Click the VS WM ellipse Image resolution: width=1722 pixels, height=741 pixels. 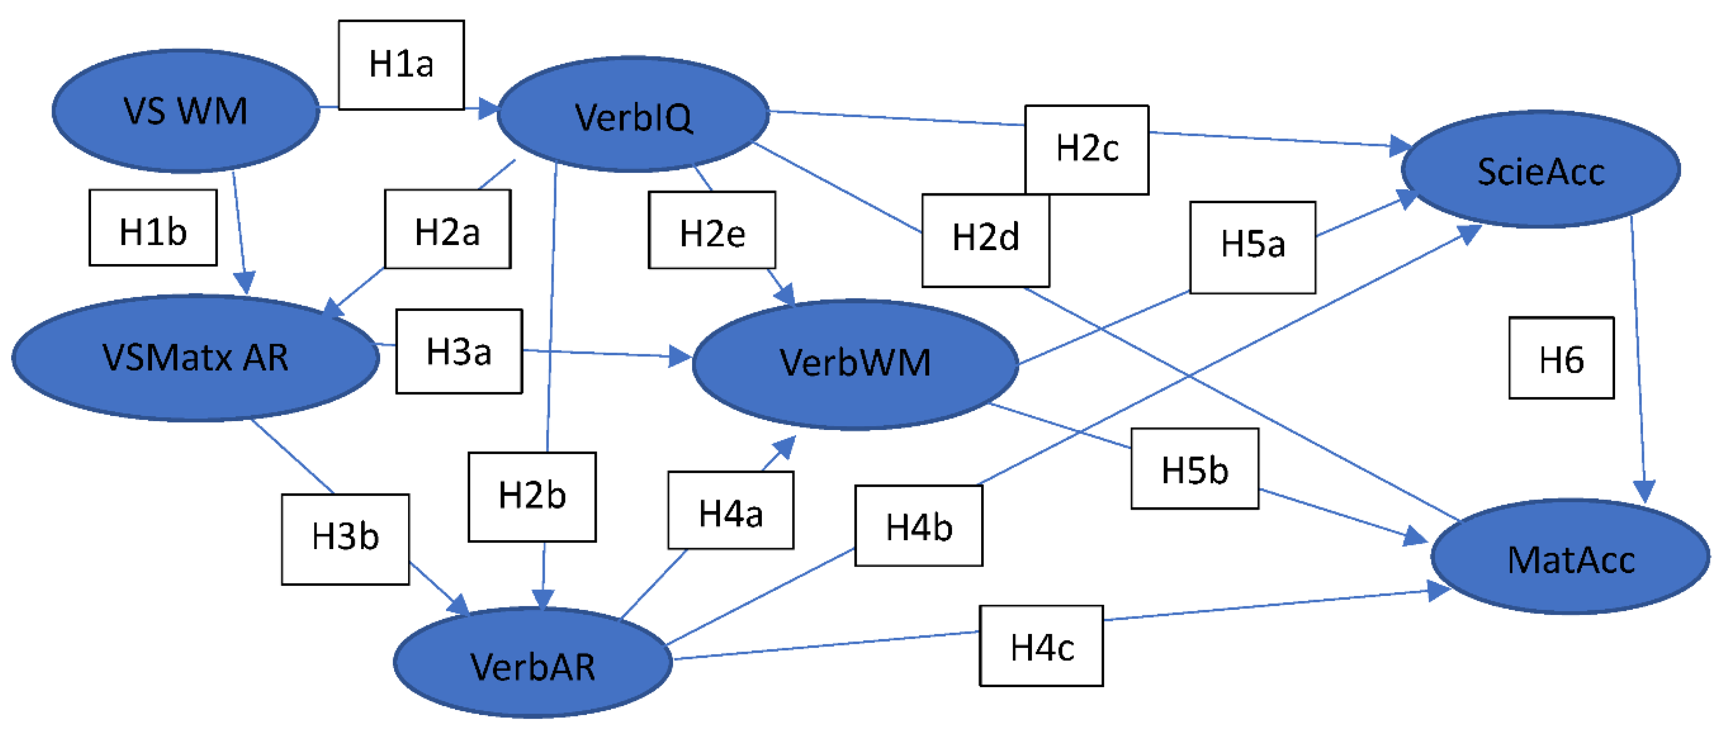185,110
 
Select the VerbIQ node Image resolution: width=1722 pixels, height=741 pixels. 633,115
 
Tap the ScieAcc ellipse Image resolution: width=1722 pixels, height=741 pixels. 1540,170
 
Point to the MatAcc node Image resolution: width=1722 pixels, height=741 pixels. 1570,557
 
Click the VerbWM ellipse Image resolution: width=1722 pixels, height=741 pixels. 855,363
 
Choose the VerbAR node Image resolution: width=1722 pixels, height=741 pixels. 532,664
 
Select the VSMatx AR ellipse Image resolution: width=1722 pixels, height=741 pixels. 195,358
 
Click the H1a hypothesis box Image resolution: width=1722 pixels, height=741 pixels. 401,65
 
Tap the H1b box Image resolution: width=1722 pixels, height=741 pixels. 153,228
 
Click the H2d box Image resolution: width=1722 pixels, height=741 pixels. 985,240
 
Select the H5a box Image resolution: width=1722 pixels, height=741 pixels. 1252,247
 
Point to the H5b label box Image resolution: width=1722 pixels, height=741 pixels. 1194,469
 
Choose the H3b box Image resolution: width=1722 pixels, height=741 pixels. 345,539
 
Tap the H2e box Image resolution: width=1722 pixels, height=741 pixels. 712,230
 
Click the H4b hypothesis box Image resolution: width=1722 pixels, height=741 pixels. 918,526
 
